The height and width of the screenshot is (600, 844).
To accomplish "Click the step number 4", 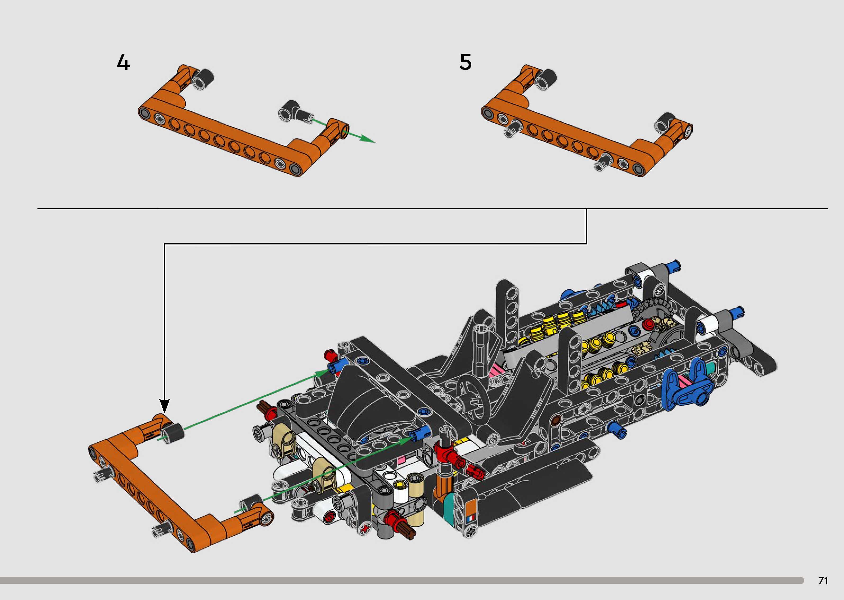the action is click(123, 62).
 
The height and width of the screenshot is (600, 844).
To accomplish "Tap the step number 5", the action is click(466, 62).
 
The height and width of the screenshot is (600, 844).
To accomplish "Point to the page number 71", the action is click(823, 581).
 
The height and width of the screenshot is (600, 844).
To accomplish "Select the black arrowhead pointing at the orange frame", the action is click(164, 406).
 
